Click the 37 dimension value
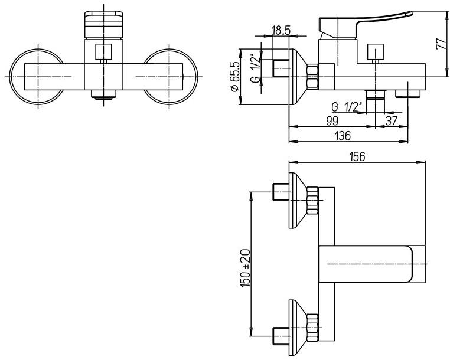[392, 120]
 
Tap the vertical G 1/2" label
[255, 70]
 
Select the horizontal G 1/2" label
[347, 107]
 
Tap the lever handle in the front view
[103, 24]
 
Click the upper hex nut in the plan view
[314, 201]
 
